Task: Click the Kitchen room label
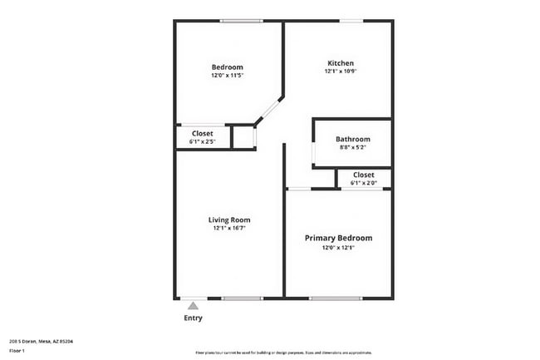coord(341,63)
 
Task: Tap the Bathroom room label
coord(353,139)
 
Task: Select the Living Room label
coord(229,219)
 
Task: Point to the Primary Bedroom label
coord(338,238)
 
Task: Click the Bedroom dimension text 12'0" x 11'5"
coord(227,76)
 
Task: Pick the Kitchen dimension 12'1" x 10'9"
coord(341,72)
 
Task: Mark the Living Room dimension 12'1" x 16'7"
coord(229,228)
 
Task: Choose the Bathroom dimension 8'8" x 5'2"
coord(353,147)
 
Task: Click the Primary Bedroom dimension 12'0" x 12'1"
coord(338,247)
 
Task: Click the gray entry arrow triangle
coord(193,307)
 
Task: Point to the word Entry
coord(193,318)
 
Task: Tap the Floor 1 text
coord(17,351)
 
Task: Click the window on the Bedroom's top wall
coord(242,21)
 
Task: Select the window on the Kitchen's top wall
coord(351,21)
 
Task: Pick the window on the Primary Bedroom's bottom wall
coord(336,298)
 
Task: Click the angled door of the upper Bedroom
coord(269,110)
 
